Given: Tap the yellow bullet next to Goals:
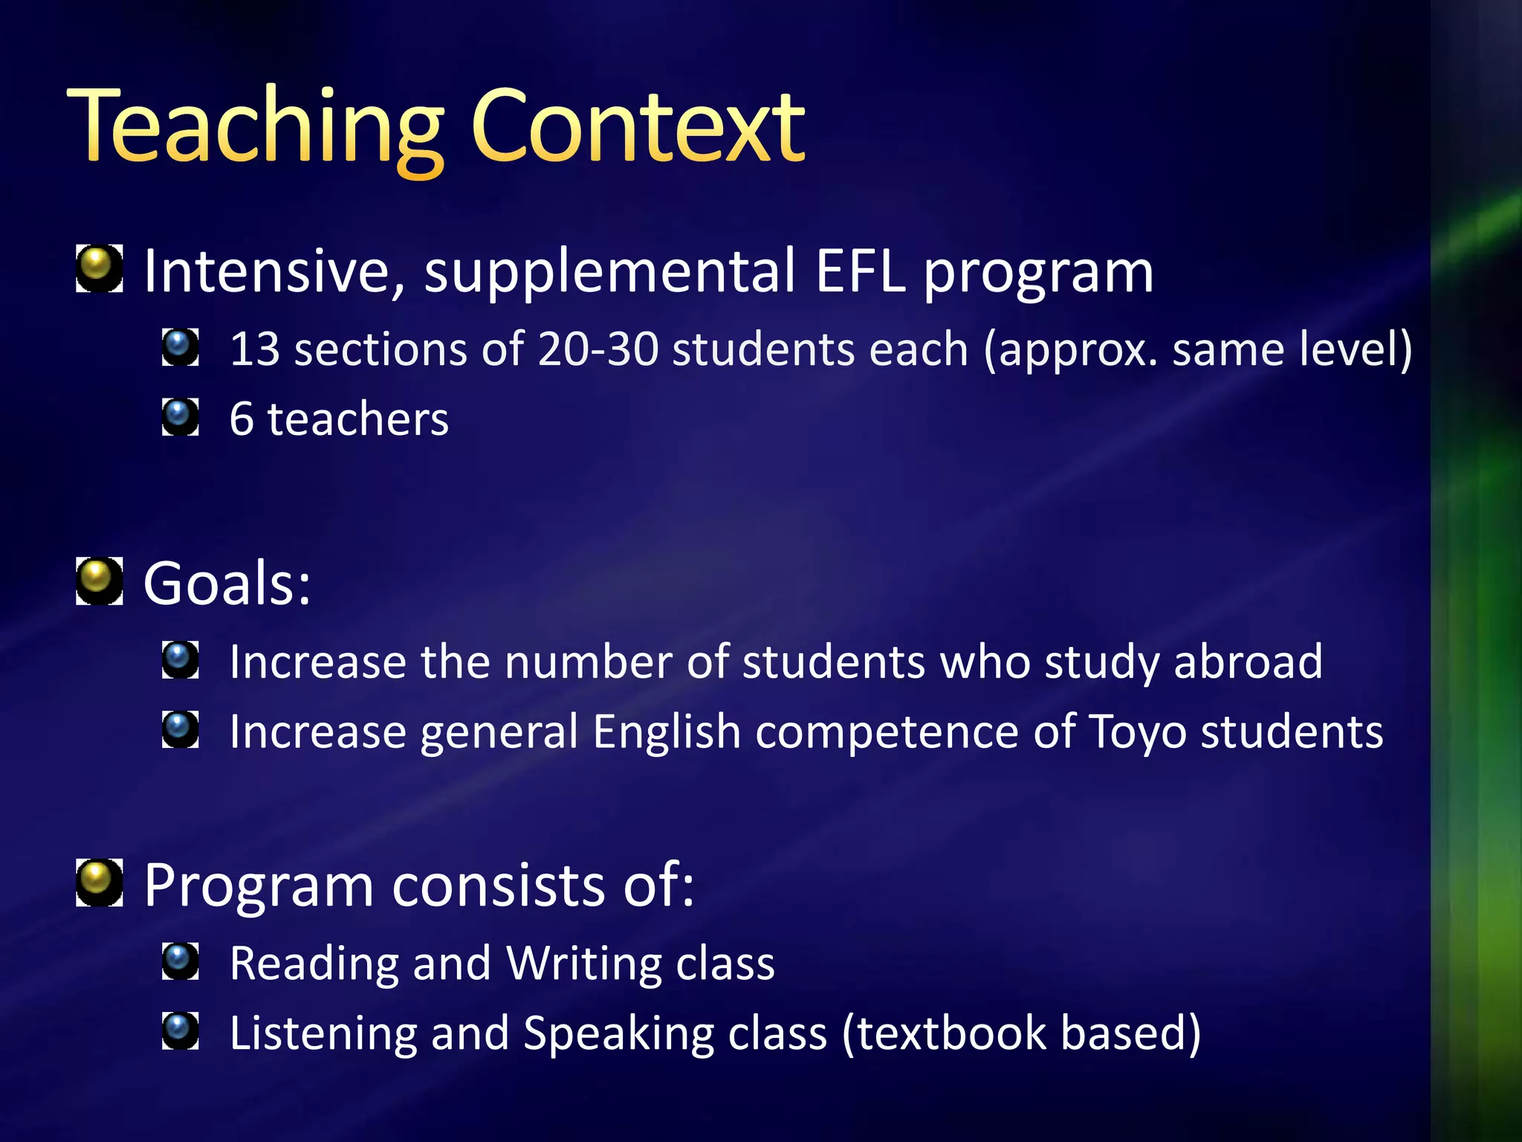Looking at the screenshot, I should (100, 581).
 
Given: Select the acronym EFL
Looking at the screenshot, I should (860, 271).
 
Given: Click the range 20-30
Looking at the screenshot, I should (598, 349).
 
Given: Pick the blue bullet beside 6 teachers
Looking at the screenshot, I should (180, 417).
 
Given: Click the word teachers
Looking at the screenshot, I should (358, 419).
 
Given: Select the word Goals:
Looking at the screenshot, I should (227, 584).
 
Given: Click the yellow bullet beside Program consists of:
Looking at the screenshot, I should (100, 883).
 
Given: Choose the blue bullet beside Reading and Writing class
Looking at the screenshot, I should (180, 961).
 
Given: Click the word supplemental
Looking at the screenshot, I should (610, 273).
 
